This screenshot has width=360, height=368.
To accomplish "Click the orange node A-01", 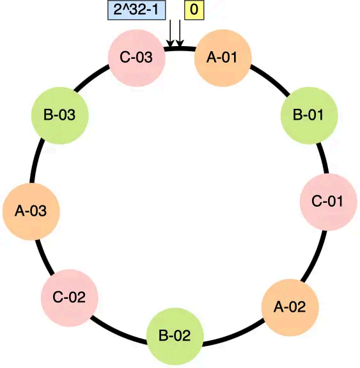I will (223, 58).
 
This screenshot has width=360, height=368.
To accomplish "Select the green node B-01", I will (310, 116).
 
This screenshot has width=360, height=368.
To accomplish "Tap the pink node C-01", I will (328, 202).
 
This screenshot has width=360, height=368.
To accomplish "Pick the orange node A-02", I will (290, 307).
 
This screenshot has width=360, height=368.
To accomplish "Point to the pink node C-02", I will (69, 297).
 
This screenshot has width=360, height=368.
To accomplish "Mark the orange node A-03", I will (31, 211).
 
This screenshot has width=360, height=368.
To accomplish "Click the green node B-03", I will (59, 116).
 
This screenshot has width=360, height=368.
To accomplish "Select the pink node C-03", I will (136, 58).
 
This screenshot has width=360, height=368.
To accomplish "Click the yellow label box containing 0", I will (194, 10).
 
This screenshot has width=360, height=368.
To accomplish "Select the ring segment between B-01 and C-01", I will (324, 157).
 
